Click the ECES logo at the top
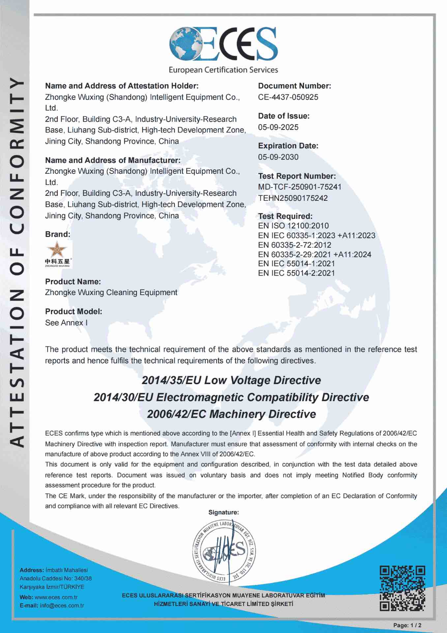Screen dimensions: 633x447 coord(223,49)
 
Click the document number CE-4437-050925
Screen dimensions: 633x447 coord(288,97)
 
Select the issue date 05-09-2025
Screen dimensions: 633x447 coord(278,127)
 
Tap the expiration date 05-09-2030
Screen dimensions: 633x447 coord(278,157)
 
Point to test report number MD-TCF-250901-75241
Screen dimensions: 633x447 coord(300,187)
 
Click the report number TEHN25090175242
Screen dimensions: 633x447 coord(293,198)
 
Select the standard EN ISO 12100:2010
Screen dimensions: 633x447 coord(293,226)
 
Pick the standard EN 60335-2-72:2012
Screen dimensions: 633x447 coord(294,245)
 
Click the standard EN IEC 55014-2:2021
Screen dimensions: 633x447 coord(296,273)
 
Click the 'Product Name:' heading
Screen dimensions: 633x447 coord(73,282)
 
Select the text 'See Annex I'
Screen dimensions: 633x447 coord(66,323)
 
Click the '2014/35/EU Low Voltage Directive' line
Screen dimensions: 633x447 coord(231,380)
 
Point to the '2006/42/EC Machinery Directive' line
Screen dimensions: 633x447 coord(231,414)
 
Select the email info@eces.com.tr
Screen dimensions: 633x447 coord(62,606)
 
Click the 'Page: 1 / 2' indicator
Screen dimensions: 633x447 coord(407,625)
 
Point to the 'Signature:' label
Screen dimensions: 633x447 coord(223,512)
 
